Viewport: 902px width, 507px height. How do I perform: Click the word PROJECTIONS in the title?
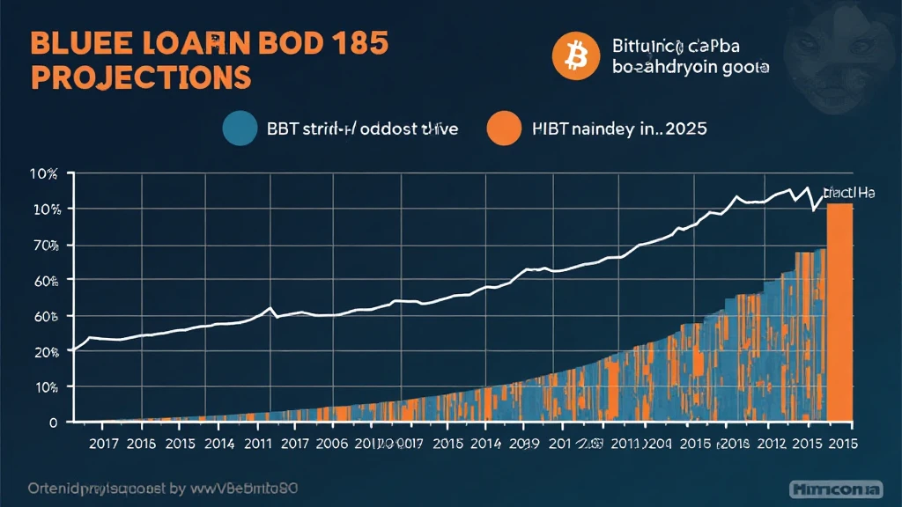[141, 76]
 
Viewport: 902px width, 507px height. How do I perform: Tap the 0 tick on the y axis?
[53, 422]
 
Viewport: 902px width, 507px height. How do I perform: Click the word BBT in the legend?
[284, 129]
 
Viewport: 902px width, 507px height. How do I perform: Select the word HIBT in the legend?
[552, 129]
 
